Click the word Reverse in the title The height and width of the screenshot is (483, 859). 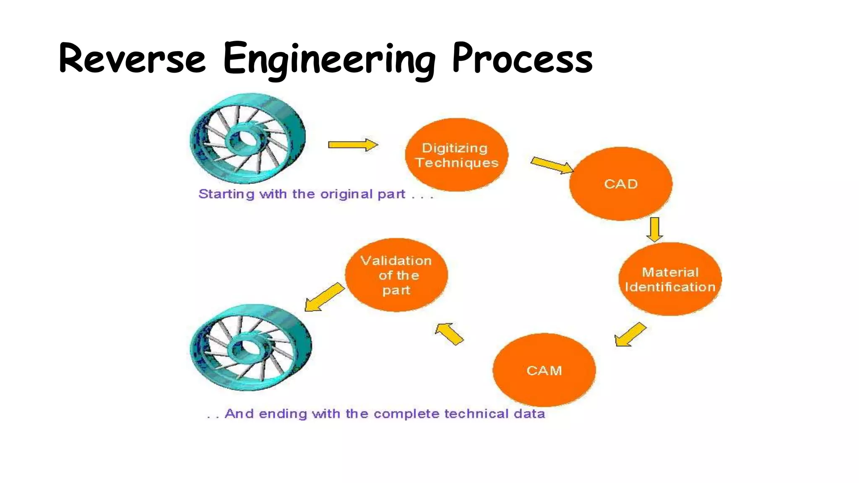133,58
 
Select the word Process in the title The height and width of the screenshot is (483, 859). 522,58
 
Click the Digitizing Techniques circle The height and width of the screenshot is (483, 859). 456,155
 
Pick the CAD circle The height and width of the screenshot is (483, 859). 621,184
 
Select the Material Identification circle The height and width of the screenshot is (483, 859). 670,279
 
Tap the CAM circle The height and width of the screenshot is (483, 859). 544,370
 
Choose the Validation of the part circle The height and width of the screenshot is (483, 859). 396,275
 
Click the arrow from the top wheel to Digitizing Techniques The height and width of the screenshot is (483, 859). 352,145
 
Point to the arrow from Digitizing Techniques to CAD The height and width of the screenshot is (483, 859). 551,165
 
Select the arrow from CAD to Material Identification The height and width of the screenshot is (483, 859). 655,229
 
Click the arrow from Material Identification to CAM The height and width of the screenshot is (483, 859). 630,335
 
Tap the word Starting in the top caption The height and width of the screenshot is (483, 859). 226,194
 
